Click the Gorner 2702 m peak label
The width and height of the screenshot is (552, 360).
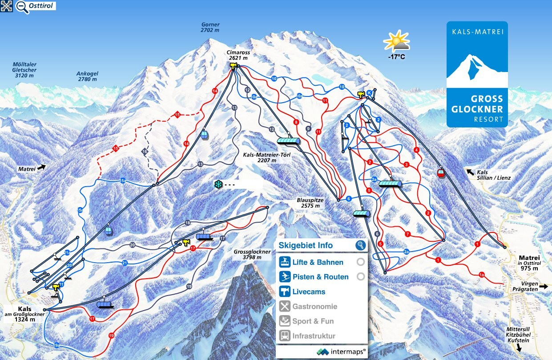tap(210, 28)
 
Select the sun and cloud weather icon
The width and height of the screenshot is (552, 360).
tap(396, 41)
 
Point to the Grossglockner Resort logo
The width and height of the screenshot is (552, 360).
tap(477, 74)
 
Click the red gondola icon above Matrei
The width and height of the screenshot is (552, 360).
tap(440, 173)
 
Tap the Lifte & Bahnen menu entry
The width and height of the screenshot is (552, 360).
tap(317, 262)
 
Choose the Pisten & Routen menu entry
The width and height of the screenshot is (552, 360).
tap(320, 277)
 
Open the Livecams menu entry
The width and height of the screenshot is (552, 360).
tap(308, 292)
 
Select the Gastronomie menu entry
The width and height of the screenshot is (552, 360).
tap(314, 307)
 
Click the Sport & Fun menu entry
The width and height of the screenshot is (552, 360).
tap(313, 321)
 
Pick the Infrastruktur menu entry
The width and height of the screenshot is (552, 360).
tap(313, 336)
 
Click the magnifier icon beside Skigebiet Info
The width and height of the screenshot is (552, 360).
tap(360, 245)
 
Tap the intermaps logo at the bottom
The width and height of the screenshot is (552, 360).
tap(341, 351)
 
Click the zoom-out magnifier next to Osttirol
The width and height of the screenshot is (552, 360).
tap(21, 7)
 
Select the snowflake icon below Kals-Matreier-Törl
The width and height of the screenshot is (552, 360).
tap(218, 184)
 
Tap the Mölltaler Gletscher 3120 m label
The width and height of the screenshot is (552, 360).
tap(24, 70)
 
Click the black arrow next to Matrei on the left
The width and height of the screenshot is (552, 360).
tap(41, 167)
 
